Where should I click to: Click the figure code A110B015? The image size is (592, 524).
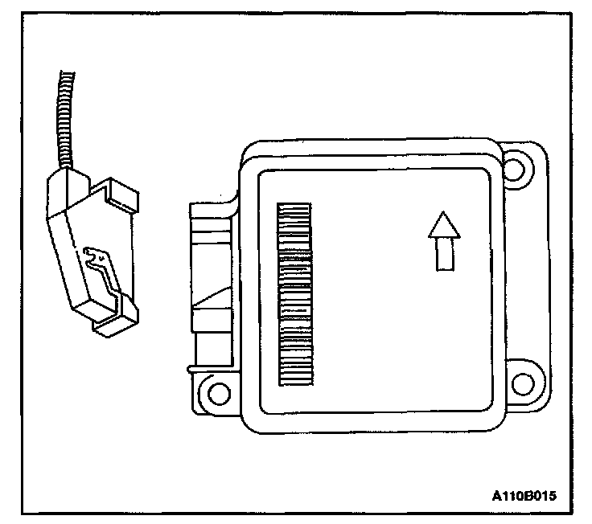pos(523,496)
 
